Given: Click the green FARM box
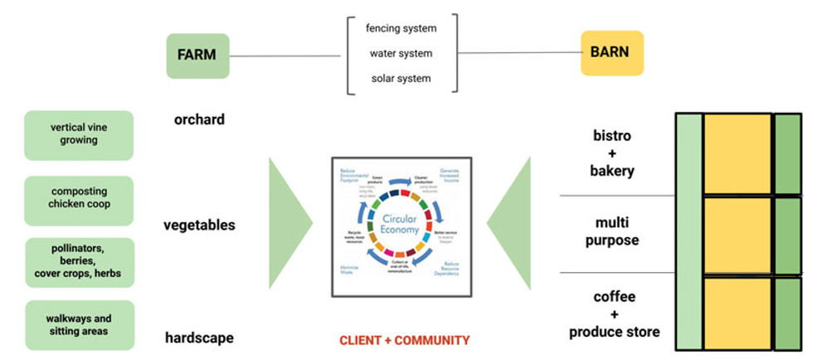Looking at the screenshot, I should click(x=197, y=56).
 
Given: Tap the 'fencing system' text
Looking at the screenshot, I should click(x=401, y=29).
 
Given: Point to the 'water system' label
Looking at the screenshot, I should click(x=401, y=54).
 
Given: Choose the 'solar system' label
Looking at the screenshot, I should click(x=401, y=79).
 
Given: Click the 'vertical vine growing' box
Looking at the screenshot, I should click(x=79, y=135).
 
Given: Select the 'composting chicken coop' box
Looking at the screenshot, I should click(x=79, y=198).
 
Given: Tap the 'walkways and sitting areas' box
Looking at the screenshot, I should click(x=79, y=325).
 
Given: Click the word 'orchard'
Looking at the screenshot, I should click(x=199, y=119).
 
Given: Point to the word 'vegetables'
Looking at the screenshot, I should click(x=199, y=225).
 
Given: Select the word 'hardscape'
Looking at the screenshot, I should click(x=199, y=338).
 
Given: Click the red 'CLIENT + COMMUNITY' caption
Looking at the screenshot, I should click(x=404, y=340).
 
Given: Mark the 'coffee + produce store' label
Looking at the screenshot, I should click(x=614, y=314).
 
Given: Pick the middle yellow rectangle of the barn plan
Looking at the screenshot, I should click(x=738, y=236).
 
